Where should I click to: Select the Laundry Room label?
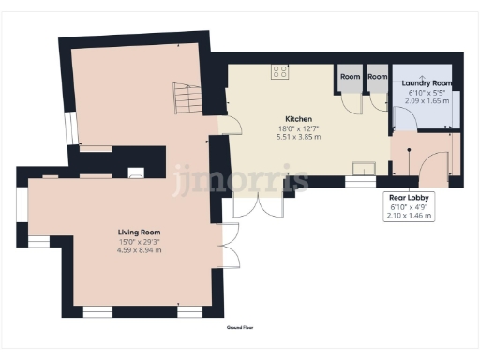coord(428,83)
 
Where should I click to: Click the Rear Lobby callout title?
coord(410,198)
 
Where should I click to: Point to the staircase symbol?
coord(187,97)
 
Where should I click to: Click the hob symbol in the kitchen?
coord(279,70)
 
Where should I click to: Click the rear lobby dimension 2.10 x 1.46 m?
coord(410,215)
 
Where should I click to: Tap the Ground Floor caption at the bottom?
coord(241,328)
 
